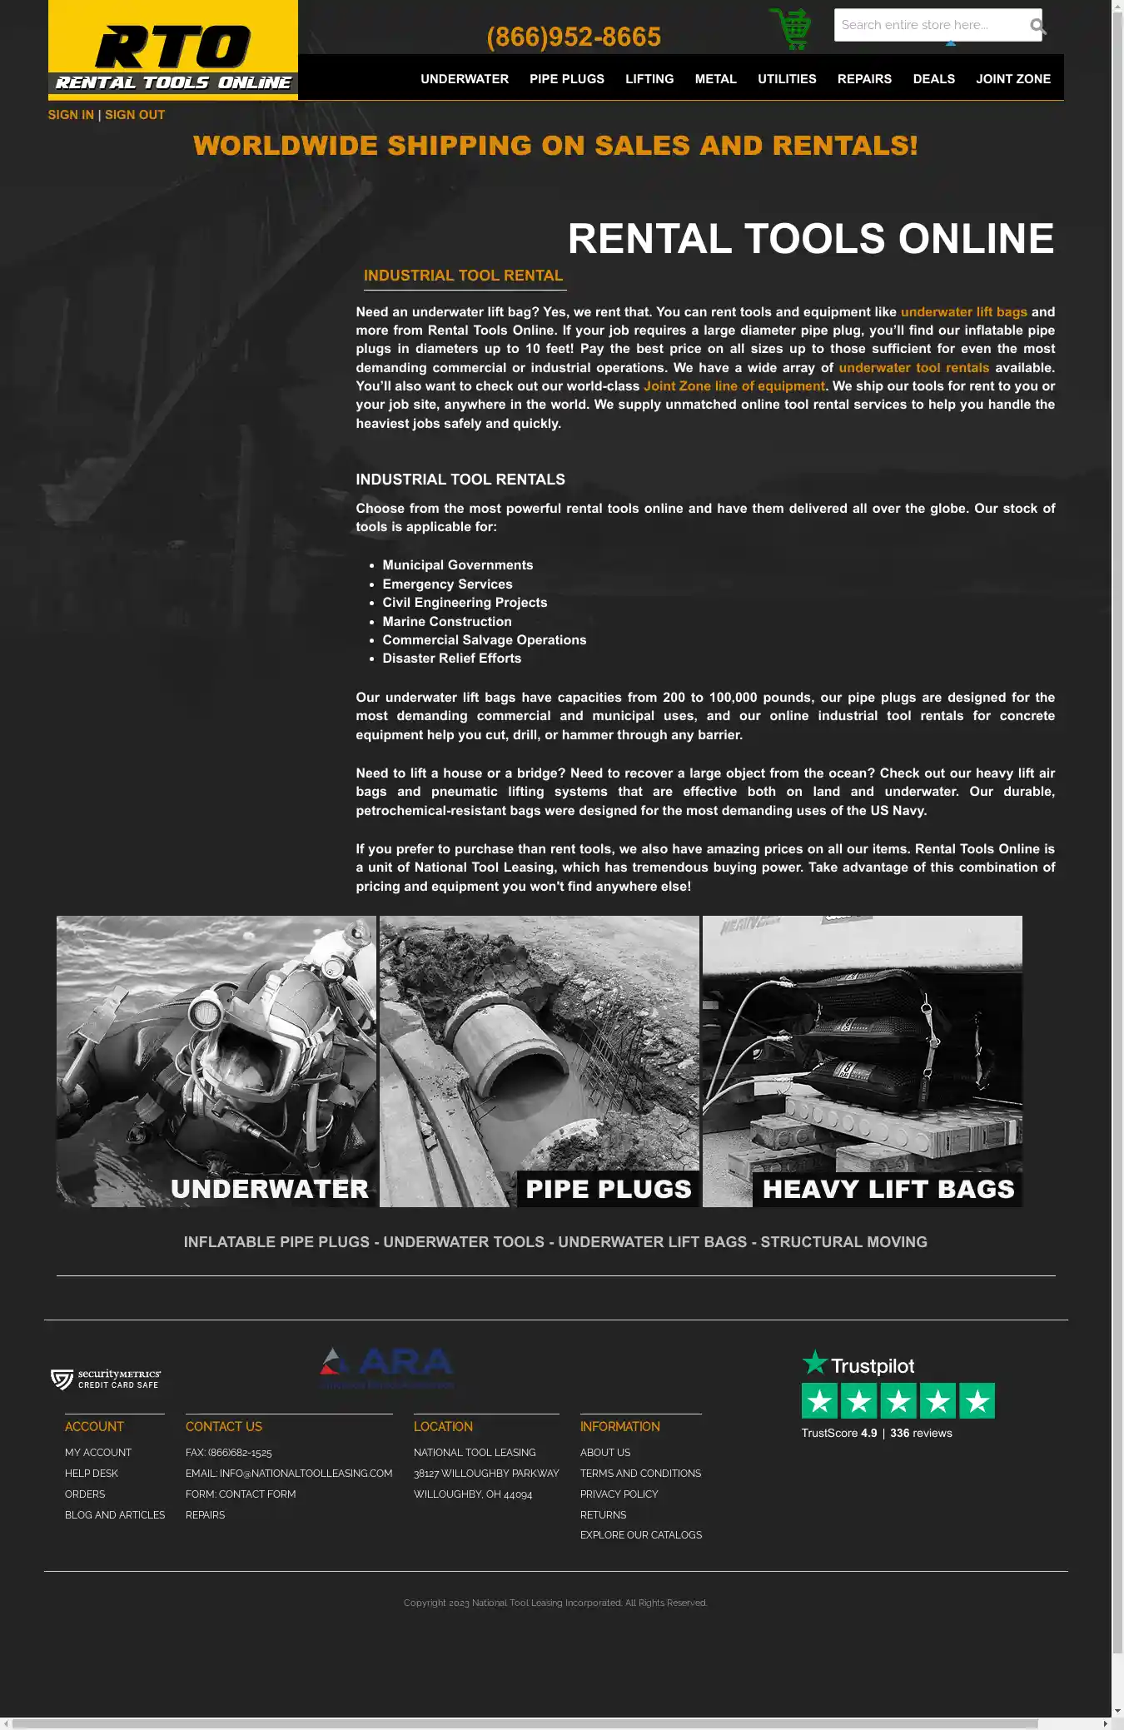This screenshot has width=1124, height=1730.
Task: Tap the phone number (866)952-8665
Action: click(x=574, y=37)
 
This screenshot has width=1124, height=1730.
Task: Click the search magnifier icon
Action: click(x=1037, y=26)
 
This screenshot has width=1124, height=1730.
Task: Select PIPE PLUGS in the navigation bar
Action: click(x=567, y=79)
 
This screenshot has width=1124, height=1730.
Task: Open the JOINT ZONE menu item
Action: click(x=1013, y=79)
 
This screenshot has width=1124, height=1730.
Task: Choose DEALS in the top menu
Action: click(x=933, y=79)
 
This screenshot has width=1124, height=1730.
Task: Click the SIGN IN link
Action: click(x=71, y=115)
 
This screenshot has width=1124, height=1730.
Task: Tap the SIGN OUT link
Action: click(x=135, y=115)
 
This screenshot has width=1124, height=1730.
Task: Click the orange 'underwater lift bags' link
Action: click(x=963, y=312)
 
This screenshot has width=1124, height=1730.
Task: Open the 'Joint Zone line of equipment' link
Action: click(x=734, y=386)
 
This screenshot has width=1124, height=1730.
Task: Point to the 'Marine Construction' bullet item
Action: click(x=447, y=622)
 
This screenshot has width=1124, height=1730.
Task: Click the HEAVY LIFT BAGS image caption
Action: click(x=888, y=1189)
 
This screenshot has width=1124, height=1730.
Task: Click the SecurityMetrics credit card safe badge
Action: click(x=106, y=1380)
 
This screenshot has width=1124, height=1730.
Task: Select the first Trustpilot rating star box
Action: click(x=819, y=1401)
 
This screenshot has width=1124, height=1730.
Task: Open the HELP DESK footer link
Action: click(x=92, y=1474)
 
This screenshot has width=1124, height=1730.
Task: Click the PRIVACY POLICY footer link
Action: click(x=619, y=1494)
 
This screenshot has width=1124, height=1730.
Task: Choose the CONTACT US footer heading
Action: click(x=224, y=1427)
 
